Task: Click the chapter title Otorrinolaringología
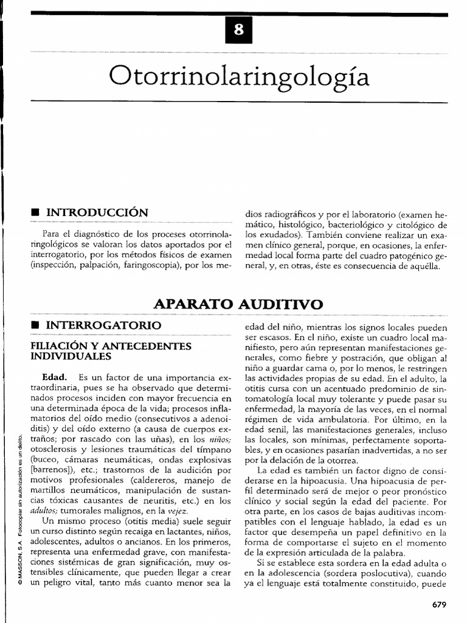[239, 76]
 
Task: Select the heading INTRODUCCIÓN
[97, 212]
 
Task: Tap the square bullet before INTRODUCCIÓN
[35, 213]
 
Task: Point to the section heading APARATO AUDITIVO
[238, 304]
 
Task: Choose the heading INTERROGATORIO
[104, 325]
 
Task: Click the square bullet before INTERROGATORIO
[35, 326]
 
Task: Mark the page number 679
[438, 604]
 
